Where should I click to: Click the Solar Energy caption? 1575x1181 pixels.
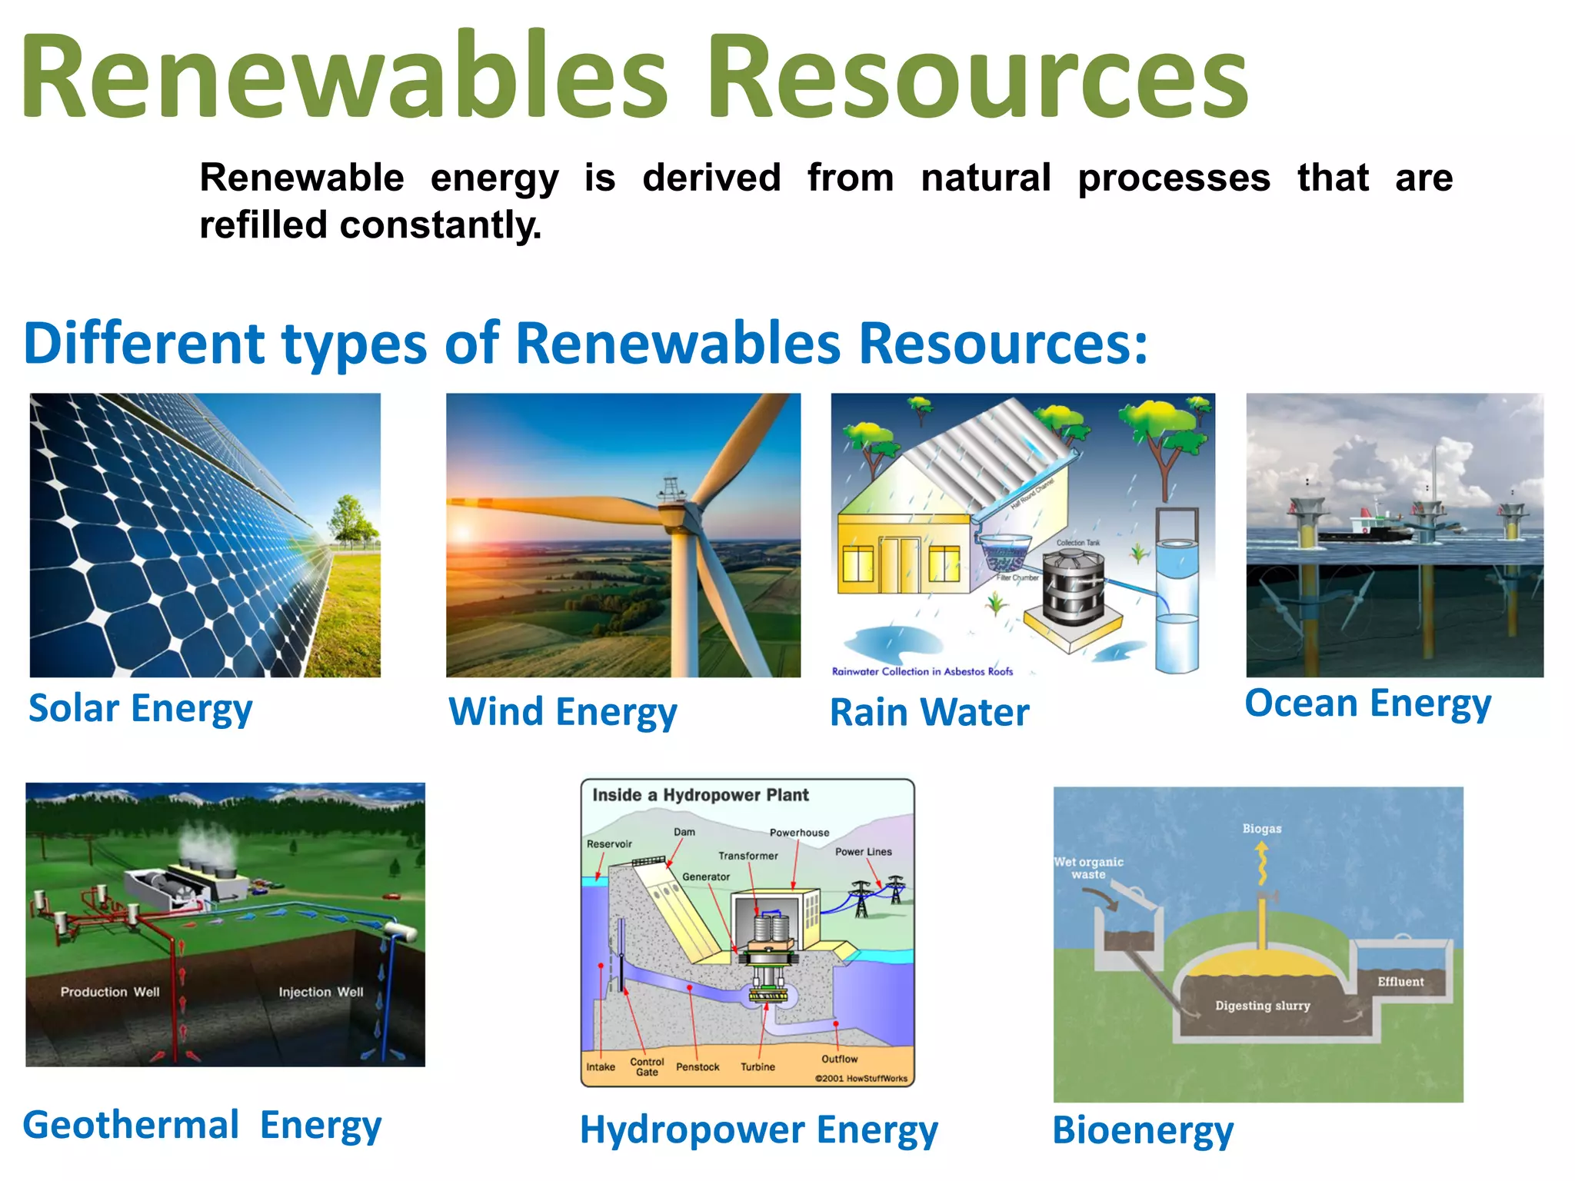point(140,708)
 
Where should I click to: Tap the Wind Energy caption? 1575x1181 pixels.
point(562,711)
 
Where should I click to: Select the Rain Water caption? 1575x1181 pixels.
point(929,712)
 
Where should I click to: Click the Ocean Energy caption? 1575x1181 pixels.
point(1367,704)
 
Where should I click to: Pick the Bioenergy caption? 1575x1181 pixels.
point(1143,1130)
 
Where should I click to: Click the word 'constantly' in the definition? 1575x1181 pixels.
point(440,225)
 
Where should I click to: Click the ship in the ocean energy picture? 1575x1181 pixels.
point(1365,528)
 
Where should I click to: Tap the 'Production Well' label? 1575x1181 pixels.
point(110,992)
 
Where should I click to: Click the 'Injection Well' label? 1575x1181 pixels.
point(321,992)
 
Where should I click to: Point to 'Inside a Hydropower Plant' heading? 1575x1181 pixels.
point(700,795)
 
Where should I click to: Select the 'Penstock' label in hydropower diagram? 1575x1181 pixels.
point(698,1067)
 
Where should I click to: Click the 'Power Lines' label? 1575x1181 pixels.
point(863,852)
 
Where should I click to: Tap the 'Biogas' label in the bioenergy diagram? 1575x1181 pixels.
point(1261,829)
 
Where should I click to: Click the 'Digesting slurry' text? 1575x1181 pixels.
point(1262,1006)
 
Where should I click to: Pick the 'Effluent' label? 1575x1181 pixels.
point(1400,982)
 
